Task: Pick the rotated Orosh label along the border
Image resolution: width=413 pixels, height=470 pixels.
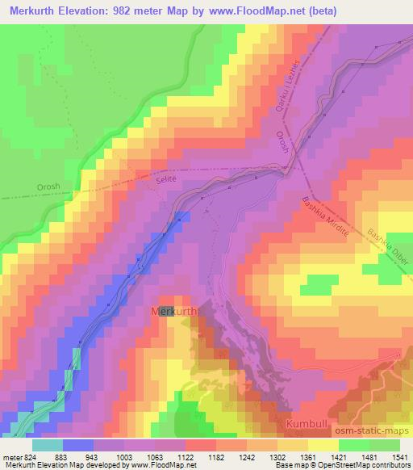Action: [x=282, y=146]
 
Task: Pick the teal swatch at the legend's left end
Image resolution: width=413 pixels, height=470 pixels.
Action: [x=47, y=444]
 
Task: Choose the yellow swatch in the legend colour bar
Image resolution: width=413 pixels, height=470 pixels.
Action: [x=323, y=444]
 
